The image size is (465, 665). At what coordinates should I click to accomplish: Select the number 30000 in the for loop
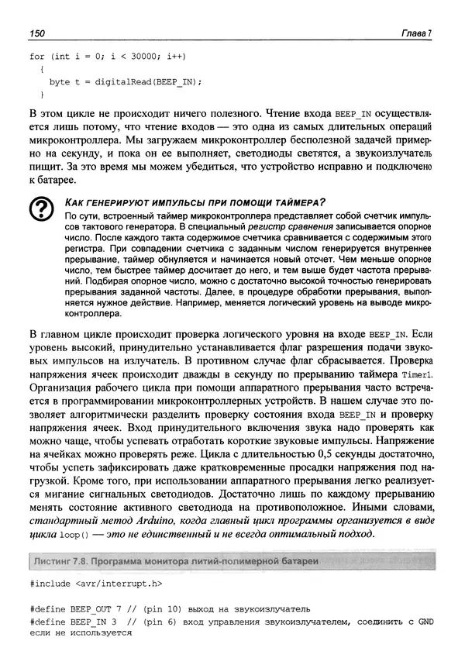[x=133, y=57]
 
